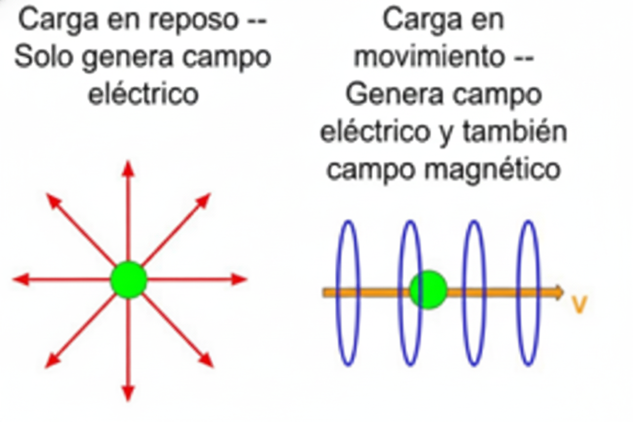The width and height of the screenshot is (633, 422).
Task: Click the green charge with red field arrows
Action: coord(129,279)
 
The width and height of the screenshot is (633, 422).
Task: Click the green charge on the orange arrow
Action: coord(429,290)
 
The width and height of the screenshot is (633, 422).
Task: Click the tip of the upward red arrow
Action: coord(128,165)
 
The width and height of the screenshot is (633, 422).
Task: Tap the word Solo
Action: coord(44,57)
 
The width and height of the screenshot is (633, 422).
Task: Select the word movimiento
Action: coord(430,56)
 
